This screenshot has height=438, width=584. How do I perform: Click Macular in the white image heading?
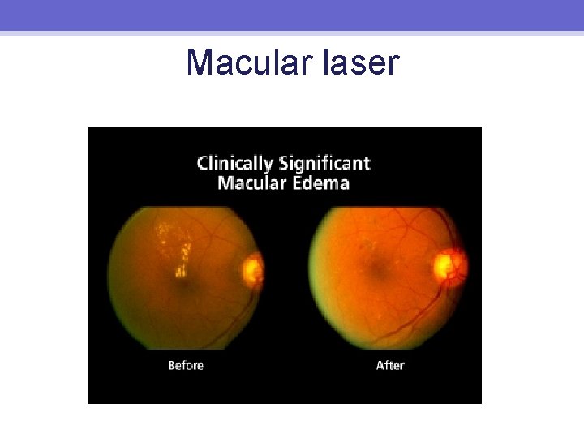251,182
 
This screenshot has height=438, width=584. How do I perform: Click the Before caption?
185,366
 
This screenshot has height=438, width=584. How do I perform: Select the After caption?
389,366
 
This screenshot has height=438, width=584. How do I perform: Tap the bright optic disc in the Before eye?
253,269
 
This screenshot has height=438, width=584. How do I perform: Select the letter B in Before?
172,366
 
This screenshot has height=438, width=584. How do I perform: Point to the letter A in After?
380,366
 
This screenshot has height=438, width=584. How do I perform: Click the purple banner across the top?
292,15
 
